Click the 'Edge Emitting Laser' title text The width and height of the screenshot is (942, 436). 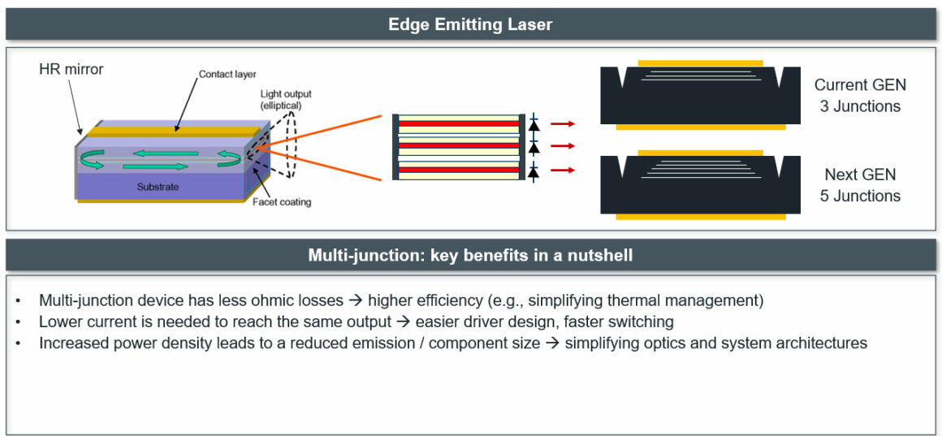pos(470,24)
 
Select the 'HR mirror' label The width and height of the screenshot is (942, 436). pos(71,70)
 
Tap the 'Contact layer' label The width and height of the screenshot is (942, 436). pos(227,75)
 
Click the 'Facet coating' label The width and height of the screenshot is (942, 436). pos(281,201)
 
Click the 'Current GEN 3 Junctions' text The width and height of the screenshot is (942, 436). pos(859,95)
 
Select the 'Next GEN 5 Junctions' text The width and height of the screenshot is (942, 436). pos(859,185)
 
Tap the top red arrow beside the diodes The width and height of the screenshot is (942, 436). pos(562,123)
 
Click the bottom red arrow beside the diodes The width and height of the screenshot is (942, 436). pos(562,170)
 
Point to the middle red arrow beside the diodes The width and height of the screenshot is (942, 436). pos(562,147)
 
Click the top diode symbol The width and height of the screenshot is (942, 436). pos(534,125)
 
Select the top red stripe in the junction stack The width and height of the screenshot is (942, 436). pos(458,124)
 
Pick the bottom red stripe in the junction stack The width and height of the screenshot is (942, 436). pos(458,170)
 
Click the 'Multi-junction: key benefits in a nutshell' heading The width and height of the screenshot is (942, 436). pos(470,255)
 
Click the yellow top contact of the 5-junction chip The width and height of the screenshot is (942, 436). pos(700,152)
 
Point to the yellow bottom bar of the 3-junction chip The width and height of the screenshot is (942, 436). pos(700,127)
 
